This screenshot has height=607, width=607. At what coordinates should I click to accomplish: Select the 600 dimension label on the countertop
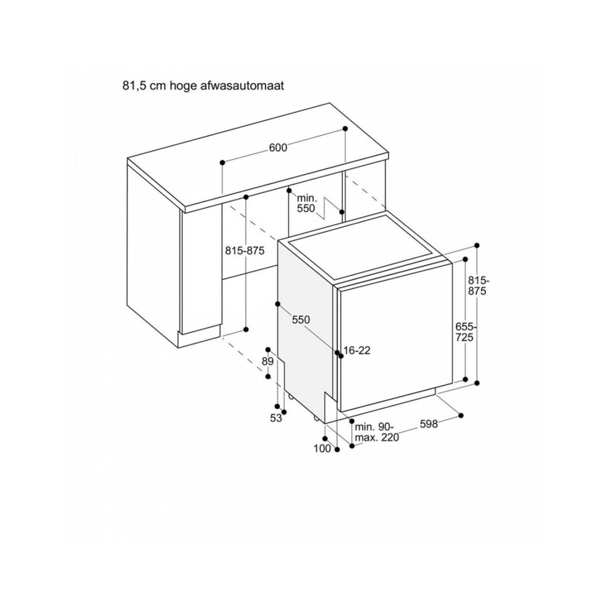pos(278,148)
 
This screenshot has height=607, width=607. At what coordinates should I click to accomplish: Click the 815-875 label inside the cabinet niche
pos(245,251)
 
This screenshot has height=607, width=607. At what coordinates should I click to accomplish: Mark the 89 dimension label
pos(268,362)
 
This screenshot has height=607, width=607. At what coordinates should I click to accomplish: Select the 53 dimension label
pos(276,418)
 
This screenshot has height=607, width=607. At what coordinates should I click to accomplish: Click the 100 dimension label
pos(322,449)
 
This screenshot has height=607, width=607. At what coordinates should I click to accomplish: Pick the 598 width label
pos(429,424)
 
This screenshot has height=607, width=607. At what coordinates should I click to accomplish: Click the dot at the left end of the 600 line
pos(223,162)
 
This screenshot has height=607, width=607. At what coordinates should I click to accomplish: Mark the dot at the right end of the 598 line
pos(461,416)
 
